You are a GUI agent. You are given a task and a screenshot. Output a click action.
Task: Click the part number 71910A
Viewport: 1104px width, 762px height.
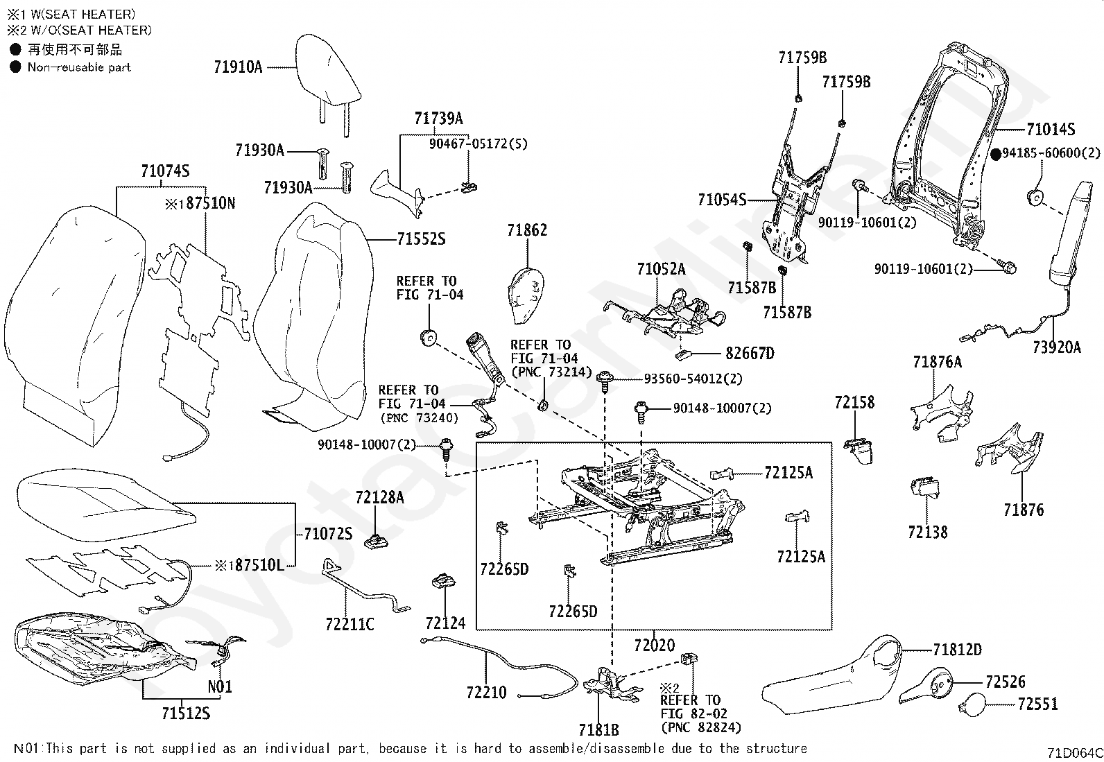pyautogui.click(x=238, y=67)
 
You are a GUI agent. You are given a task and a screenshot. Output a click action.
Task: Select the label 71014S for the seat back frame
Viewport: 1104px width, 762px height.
pyautogui.click(x=1051, y=129)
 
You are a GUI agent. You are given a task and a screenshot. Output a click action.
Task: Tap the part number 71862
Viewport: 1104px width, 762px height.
pyautogui.click(x=527, y=230)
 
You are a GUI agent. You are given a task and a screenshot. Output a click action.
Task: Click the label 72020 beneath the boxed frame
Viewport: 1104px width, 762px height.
pyautogui.click(x=655, y=645)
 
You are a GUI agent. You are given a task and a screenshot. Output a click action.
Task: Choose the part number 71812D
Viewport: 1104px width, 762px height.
pyautogui.click(x=958, y=650)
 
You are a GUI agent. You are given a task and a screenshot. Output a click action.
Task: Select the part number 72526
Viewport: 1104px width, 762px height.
pyautogui.click(x=1006, y=682)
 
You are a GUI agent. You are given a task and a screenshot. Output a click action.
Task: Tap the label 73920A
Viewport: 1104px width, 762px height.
pyautogui.click(x=1057, y=347)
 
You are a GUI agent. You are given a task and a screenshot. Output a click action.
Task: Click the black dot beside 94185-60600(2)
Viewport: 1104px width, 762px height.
pyautogui.click(x=996, y=155)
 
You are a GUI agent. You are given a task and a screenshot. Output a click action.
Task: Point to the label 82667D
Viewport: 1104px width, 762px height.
pyautogui.click(x=750, y=354)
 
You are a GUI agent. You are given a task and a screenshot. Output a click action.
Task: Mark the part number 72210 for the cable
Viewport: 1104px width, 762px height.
pyautogui.click(x=486, y=693)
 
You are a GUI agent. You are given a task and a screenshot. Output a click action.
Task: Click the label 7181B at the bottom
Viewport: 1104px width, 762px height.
pyautogui.click(x=599, y=729)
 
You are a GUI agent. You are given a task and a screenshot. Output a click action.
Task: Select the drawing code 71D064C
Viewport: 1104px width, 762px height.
pyautogui.click(x=1075, y=752)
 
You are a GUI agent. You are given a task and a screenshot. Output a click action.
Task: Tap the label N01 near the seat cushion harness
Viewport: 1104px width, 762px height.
pyautogui.click(x=220, y=686)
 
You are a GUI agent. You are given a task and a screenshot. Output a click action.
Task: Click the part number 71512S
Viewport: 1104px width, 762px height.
pyautogui.click(x=186, y=713)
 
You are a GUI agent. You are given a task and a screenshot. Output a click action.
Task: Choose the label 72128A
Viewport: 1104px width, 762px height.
pyautogui.click(x=379, y=498)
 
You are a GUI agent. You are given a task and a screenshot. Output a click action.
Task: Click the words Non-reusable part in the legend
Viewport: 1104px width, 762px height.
pyautogui.click(x=79, y=67)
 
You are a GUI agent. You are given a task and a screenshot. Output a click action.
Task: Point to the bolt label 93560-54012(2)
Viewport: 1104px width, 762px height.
pyautogui.click(x=693, y=379)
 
